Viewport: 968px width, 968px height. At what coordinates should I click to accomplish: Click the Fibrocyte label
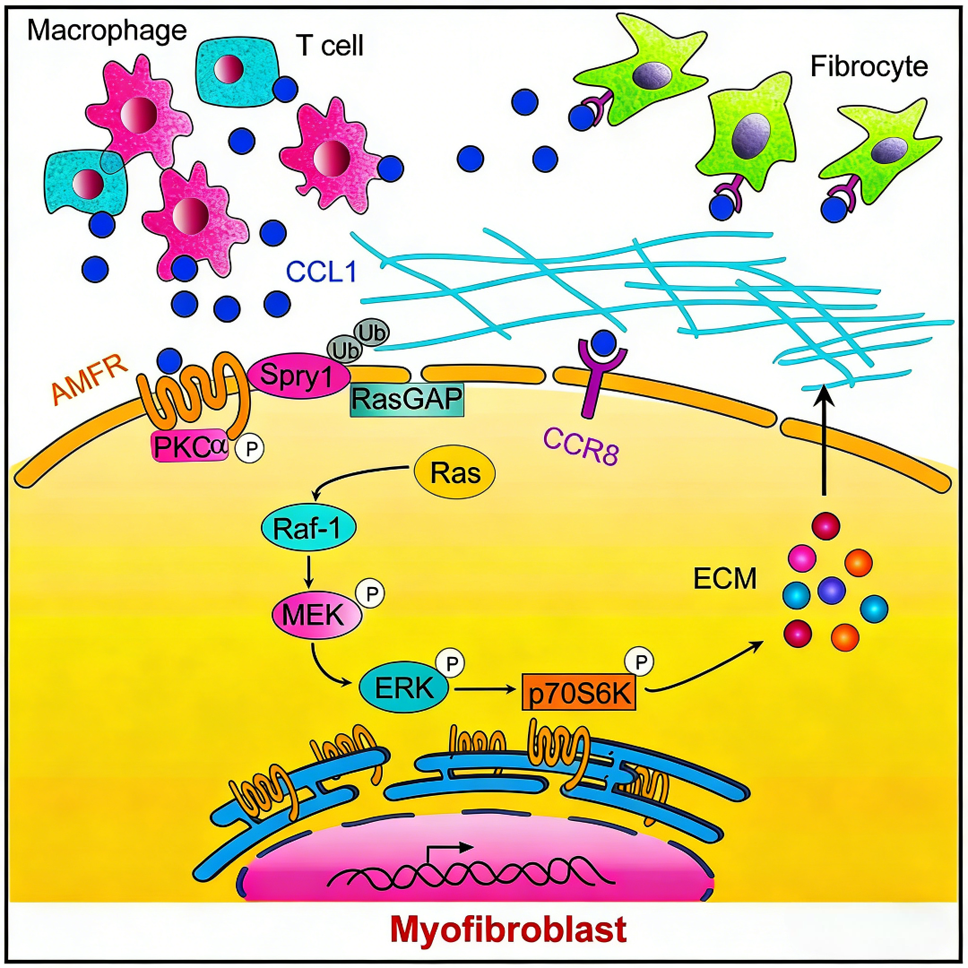click(x=868, y=65)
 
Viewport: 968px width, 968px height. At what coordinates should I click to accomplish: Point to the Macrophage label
click(x=107, y=30)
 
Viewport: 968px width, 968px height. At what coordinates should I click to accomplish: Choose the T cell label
click(x=330, y=45)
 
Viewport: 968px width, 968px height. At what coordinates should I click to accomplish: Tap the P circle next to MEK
click(x=369, y=593)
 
